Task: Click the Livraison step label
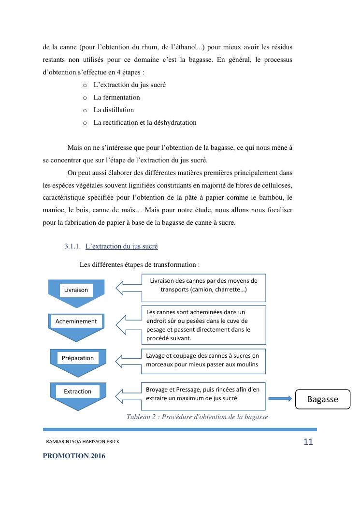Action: click(x=76, y=290)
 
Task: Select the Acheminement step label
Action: click(x=76, y=321)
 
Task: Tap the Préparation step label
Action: click(x=78, y=358)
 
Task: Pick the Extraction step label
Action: click(x=78, y=392)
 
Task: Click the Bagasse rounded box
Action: click(x=323, y=399)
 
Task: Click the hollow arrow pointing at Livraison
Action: click(x=128, y=289)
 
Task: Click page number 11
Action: click(x=308, y=441)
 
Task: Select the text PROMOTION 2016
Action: click(x=74, y=456)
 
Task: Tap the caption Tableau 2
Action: click(x=197, y=417)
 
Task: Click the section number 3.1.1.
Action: click(x=72, y=247)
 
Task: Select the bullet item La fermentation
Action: click(x=116, y=97)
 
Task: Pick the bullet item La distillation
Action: click(x=114, y=110)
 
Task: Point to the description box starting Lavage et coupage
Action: click(x=203, y=361)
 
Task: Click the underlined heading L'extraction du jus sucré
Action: click(x=121, y=247)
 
